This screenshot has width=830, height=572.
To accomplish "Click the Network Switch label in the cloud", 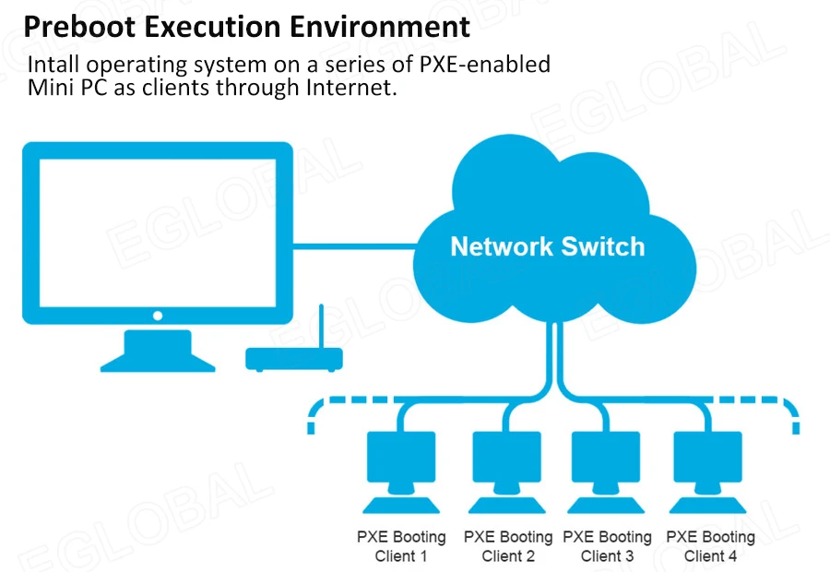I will tap(547, 247).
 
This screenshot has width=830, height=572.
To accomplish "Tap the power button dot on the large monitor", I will tap(157, 316).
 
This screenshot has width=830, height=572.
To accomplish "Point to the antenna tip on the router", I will tap(320, 308).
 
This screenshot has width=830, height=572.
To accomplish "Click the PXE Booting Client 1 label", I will tap(401, 546).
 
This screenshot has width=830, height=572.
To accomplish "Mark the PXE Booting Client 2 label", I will tap(507, 546).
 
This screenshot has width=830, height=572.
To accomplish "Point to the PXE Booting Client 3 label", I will tap(607, 546).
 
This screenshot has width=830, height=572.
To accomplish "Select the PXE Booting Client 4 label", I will tap(710, 546).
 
